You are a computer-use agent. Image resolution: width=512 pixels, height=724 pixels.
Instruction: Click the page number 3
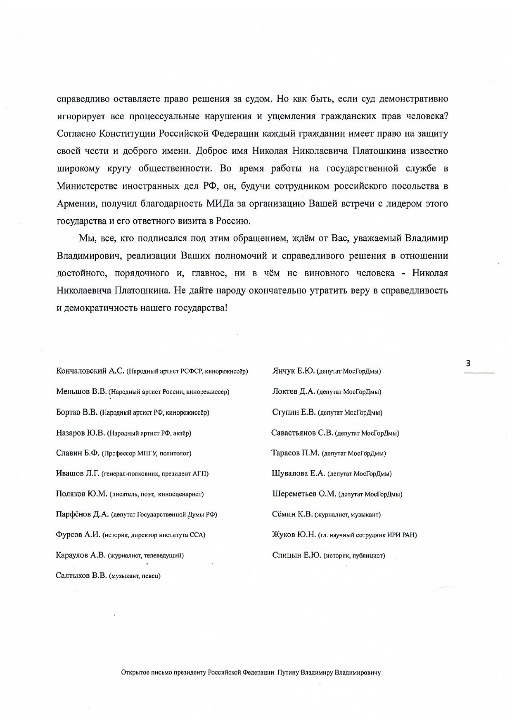tap(468, 364)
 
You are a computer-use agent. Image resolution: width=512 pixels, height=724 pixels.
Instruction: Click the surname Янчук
tap(284, 371)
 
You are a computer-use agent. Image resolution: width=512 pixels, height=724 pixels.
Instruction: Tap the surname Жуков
tap(283, 535)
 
